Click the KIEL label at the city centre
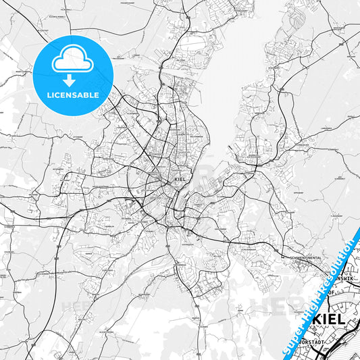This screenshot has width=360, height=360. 180,180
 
